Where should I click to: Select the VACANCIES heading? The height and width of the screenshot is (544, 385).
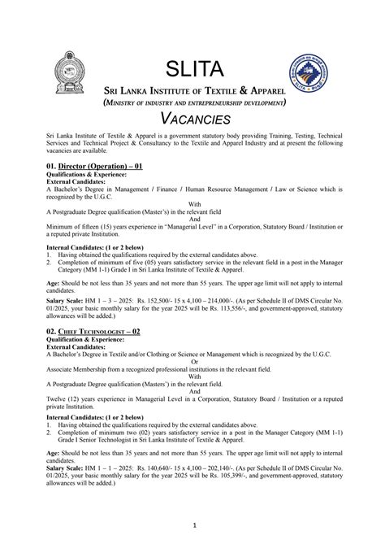tap(192, 120)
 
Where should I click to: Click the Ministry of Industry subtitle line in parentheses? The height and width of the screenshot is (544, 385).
tap(192, 103)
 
